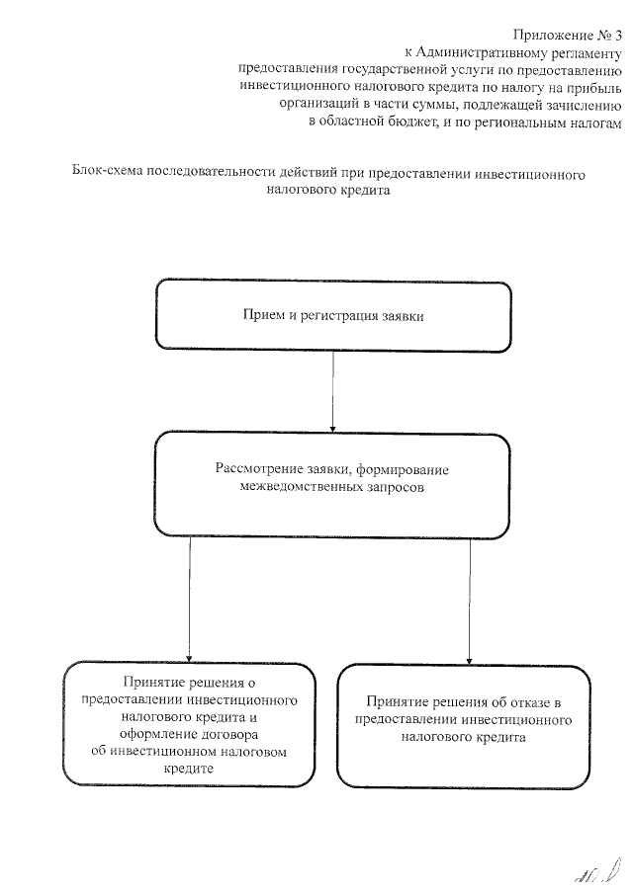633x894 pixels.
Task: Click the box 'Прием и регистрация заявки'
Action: [332, 316]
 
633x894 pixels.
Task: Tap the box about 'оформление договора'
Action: [189, 725]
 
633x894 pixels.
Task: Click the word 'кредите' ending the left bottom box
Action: [189, 769]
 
